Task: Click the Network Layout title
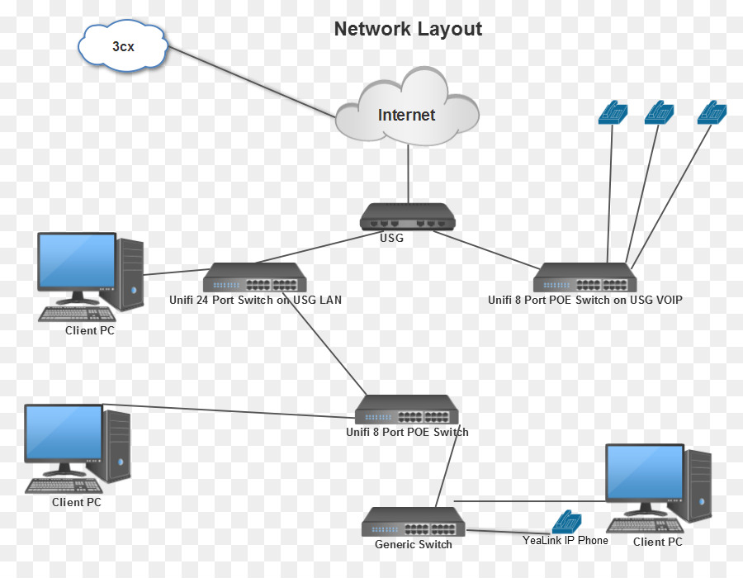pos(408,29)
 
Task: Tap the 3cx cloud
pos(123,47)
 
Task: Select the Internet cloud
pos(406,115)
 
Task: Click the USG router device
pos(408,217)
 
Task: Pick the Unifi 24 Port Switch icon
pos(255,277)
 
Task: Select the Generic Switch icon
pos(414,522)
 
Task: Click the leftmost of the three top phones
pos(612,112)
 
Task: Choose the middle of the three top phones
pos(659,112)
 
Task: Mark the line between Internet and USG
pos(409,173)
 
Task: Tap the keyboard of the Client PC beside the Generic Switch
pos(646,525)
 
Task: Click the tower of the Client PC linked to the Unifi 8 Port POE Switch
pos(118,447)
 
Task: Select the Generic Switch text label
pos(414,545)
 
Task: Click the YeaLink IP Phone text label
pos(566,541)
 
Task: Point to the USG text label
pos(391,238)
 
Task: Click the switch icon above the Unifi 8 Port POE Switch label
pos(408,410)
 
